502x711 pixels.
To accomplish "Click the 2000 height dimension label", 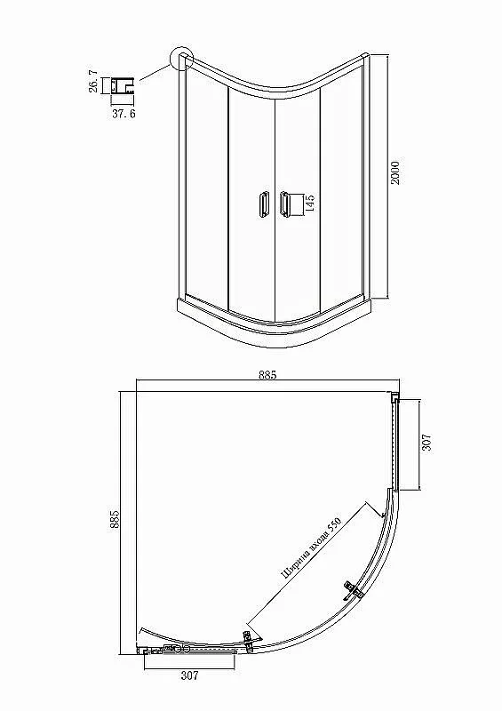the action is (x=395, y=172).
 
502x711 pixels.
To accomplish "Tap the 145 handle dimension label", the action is (x=310, y=204).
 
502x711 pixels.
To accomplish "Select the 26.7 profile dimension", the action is (x=93, y=81).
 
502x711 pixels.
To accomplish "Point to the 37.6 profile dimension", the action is (x=124, y=114).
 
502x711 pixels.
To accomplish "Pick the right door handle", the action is (x=284, y=204).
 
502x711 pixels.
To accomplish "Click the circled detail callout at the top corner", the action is (x=181, y=59).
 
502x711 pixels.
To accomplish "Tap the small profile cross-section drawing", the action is (x=123, y=85).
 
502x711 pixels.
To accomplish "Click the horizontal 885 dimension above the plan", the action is (x=267, y=375).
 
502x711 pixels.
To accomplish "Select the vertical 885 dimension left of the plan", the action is (x=115, y=519).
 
